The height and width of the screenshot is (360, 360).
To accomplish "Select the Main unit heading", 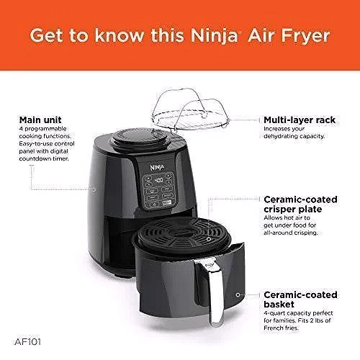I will pyautogui.click(x=41, y=119).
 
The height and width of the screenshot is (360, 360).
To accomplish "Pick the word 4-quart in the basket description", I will pyautogui.click(x=275, y=312).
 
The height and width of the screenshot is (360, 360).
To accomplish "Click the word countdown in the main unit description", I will pyautogui.click(x=36, y=158).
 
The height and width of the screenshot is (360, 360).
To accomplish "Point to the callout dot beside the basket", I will pyautogui.click(x=238, y=296).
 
